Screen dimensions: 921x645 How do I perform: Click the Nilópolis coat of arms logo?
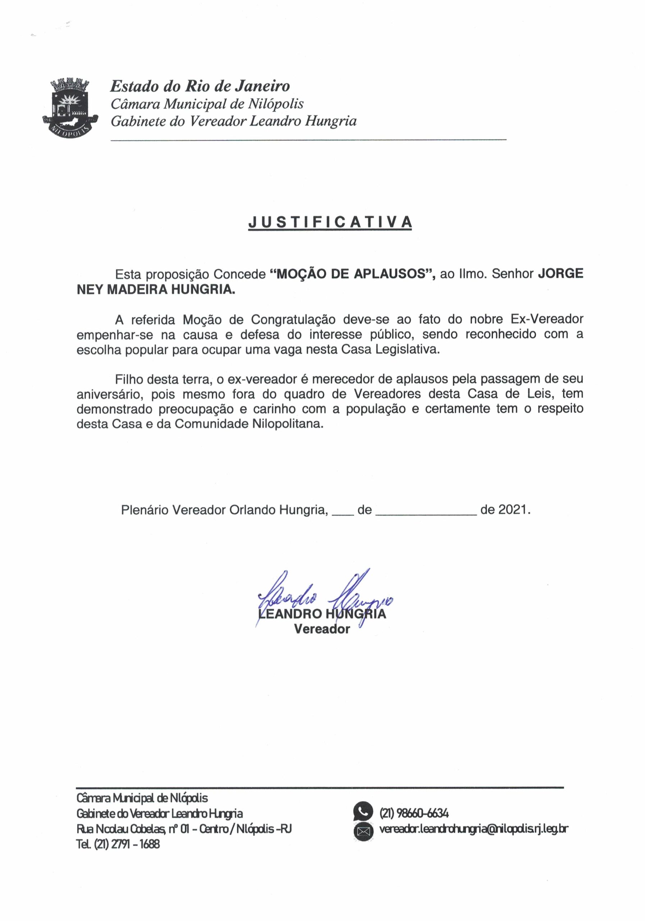(70, 107)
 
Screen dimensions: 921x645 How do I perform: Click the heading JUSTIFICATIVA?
(330, 222)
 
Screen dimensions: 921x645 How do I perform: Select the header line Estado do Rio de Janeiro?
(200, 86)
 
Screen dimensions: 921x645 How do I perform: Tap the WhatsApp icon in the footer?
(363, 813)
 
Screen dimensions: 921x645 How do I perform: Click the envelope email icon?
(363, 831)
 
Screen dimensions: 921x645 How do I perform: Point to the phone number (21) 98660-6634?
(414, 813)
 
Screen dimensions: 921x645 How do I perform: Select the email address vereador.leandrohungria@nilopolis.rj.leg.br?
(474, 829)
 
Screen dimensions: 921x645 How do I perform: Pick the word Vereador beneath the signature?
(322, 629)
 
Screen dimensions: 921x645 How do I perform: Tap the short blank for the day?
(343, 513)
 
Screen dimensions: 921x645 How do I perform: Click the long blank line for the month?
(426, 513)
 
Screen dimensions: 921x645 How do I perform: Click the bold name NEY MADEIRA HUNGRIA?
(156, 289)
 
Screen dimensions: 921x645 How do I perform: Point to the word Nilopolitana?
(288, 424)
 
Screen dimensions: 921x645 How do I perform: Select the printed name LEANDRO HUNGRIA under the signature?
(322, 614)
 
